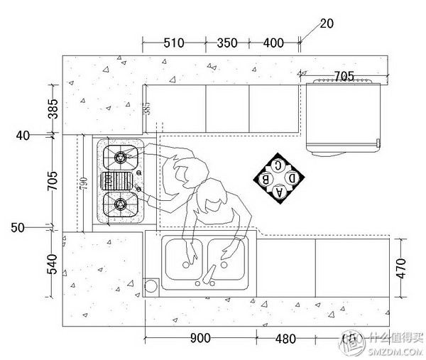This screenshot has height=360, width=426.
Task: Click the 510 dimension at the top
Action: [174, 43]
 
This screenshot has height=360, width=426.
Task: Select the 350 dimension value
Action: [226, 43]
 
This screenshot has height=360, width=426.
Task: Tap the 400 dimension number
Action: [273, 43]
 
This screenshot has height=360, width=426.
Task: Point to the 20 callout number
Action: [327, 23]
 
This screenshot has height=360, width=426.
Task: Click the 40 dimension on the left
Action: [23, 135]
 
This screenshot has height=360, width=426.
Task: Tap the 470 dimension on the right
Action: [401, 268]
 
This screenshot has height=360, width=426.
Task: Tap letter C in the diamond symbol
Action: [280, 165]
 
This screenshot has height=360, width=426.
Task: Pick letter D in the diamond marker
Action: [293, 178]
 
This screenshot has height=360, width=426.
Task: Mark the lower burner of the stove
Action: [119, 205]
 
